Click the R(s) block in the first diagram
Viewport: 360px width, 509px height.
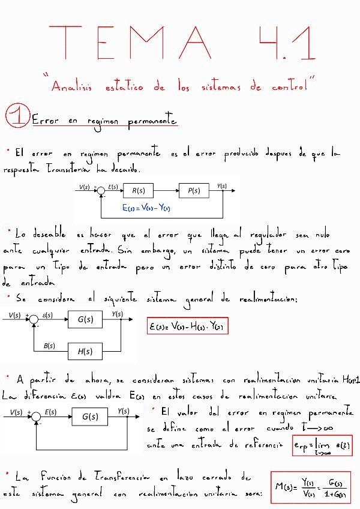(x=139, y=191)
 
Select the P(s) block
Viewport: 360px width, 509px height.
(x=194, y=191)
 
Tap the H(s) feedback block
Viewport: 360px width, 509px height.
(x=85, y=351)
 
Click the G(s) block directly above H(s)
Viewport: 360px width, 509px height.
(x=85, y=320)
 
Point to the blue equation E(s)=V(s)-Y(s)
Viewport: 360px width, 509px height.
(x=146, y=208)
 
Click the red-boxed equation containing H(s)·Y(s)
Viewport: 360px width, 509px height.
(x=188, y=327)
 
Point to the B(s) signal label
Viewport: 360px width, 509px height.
(x=50, y=345)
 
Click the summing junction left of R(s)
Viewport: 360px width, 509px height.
(x=101, y=191)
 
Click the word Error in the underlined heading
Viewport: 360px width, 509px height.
(x=46, y=121)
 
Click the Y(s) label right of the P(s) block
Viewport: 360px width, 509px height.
(x=221, y=186)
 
